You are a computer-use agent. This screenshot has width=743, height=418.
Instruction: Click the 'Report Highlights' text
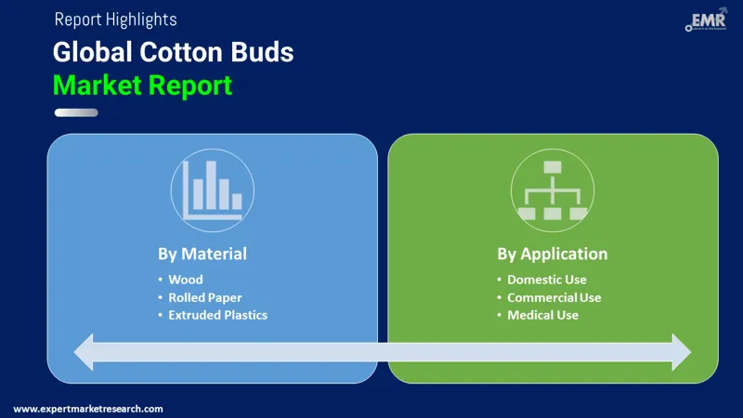pos(115,20)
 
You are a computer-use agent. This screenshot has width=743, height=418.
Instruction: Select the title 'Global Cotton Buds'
pos(173,52)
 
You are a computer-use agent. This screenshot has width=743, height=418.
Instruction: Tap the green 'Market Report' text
pos(142,85)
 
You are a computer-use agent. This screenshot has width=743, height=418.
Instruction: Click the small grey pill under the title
pos(75,113)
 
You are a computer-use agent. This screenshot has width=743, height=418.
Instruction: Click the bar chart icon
pos(213,189)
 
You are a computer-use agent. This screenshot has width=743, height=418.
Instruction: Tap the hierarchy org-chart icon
pos(553,190)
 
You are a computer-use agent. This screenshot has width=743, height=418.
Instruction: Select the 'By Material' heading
pos(202,254)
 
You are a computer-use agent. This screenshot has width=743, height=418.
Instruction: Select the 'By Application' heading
pos(552,254)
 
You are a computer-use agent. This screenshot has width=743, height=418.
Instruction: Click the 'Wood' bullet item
pos(185,280)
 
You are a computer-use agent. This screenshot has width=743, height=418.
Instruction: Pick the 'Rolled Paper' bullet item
pos(204,297)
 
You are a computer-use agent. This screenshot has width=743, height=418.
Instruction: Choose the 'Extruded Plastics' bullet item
pos(217,315)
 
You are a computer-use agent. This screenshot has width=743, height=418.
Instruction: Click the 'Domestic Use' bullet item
pos(546,280)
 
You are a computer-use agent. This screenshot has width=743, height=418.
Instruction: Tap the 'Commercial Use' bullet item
pos(554,297)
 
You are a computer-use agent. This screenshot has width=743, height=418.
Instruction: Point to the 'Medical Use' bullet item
pos(542,315)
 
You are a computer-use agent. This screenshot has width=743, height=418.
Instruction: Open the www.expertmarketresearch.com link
pos(88,409)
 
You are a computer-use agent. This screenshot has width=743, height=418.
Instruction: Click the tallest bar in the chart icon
pos(210,185)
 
